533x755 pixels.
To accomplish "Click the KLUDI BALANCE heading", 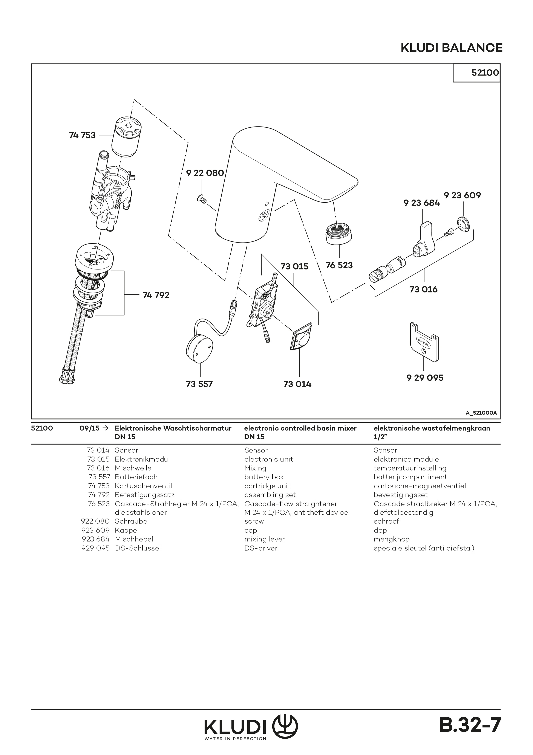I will [x=451, y=48].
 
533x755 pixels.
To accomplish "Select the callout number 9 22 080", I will [x=205, y=173].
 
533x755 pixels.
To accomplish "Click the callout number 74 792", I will [x=156, y=295].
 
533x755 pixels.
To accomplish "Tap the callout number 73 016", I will [x=423, y=289].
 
